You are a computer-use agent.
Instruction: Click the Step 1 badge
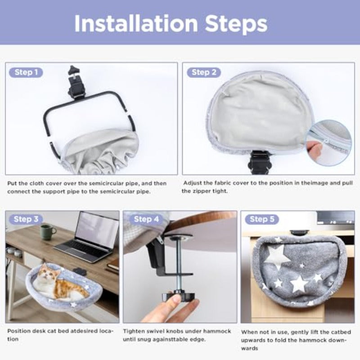click(26, 72)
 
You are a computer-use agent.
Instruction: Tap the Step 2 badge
click(204, 72)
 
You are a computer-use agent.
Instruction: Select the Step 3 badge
click(26, 219)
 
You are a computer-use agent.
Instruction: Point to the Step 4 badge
click(146, 219)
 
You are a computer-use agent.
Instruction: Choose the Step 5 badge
click(262, 219)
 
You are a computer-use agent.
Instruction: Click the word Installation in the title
click(136, 23)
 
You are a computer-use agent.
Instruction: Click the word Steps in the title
click(236, 24)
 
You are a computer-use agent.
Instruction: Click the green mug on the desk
click(48, 232)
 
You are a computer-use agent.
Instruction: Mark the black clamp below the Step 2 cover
click(259, 162)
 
